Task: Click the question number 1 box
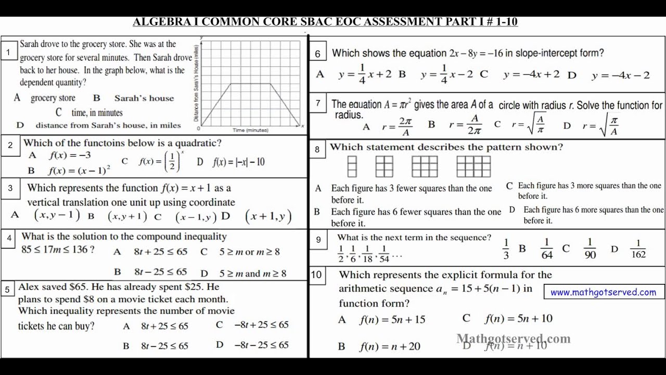pyautogui.click(x=8, y=52)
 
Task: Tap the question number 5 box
pyautogui.click(x=7, y=290)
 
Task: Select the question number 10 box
pyautogui.click(x=316, y=275)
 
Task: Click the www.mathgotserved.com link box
pyautogui.click(x=604, y=292)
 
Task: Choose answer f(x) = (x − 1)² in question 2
pyautogui.click(x=80, y=170)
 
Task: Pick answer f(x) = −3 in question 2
pyautogui.click(x=70, y=155)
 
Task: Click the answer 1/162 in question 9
pyautogui.click(x=638, y=249)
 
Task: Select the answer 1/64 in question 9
pyautogui.click(x=546, y=249)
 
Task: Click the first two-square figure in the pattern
pyautogui.click(x=352, y=167)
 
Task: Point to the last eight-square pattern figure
pyautogui.click(x=473, y=167)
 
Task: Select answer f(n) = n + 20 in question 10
pyautogui.click(x=390, y=346)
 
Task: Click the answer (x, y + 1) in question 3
pyautogui.click(x=127, y=216)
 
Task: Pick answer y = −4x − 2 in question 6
pyautogui.click(x=620, y=76)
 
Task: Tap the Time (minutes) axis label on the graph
pyautogui.click(x=250, y=130)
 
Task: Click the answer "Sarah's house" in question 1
pyautogui.click(x=144, y=98)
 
